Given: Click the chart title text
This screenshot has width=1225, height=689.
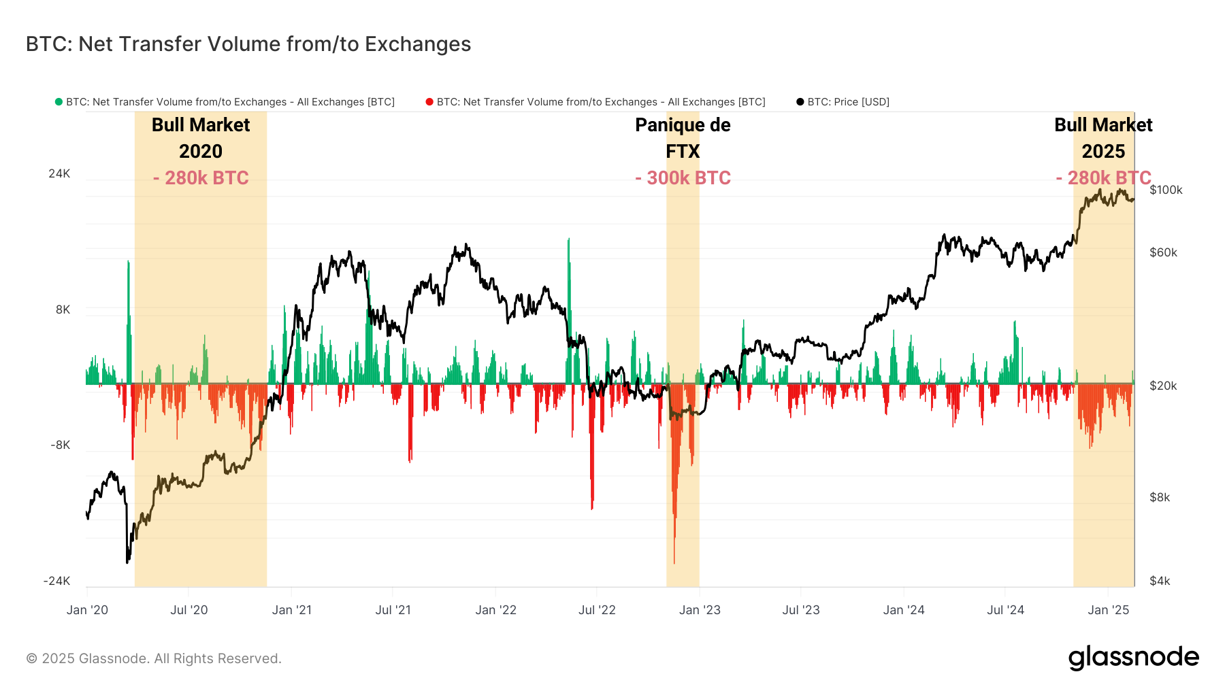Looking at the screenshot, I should point(248,44).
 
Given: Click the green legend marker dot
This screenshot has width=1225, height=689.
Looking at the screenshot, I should point(59,102).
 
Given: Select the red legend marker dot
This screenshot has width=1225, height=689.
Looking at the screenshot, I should point(429,102).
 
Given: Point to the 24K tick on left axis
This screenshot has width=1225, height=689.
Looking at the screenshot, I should point(59,173).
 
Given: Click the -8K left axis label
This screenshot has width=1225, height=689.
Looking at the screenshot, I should point(60,445).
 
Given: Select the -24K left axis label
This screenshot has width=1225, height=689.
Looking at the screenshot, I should point(57,581).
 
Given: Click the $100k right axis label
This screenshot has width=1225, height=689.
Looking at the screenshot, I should point(1166,190).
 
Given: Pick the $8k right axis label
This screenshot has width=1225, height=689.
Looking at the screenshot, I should point(1160,497).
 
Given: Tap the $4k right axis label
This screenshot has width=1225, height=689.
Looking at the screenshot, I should point(1160,581).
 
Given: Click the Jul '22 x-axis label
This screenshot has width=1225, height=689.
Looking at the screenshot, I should point(597,610).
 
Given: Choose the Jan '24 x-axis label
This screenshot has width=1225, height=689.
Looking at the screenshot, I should point(904,610).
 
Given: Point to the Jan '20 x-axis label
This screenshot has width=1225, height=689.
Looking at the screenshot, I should point(87,610).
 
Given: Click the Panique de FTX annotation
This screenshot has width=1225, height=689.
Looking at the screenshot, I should point(683,138).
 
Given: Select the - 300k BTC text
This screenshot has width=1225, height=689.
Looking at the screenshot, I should point(683,178).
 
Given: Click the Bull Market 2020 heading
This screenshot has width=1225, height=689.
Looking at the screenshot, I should point(201,138).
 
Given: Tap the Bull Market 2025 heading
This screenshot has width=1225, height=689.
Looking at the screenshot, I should point(1103,138).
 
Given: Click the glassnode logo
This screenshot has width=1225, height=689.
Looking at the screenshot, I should point(1133,657).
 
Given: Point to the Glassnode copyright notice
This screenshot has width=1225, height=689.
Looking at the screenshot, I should point(154,658).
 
